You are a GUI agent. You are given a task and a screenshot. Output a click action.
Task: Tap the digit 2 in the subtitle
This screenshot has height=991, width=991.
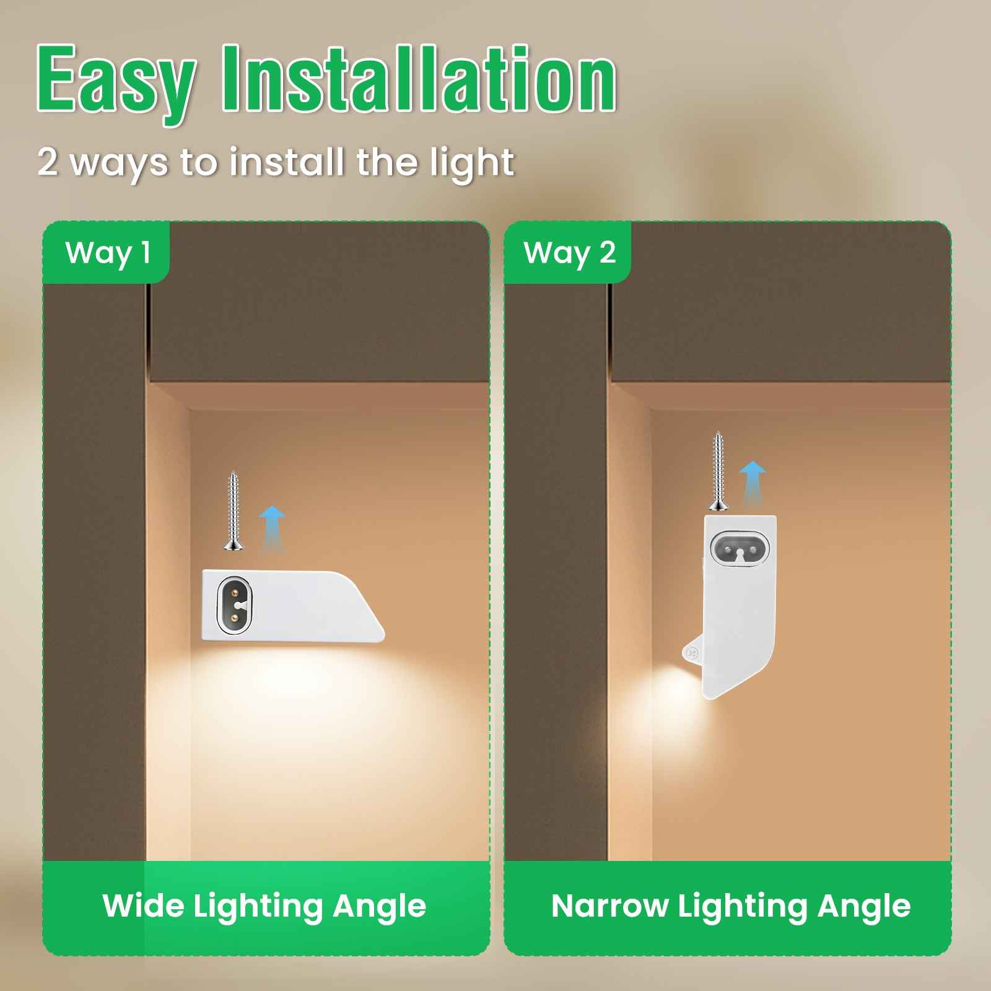(48, 162)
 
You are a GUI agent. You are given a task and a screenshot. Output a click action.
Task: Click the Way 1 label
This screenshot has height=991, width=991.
(108, 253)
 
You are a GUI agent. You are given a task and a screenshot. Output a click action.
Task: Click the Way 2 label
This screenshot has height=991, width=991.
(569, 253)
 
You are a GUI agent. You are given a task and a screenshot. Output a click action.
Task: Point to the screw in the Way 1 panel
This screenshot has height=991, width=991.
(234, 510)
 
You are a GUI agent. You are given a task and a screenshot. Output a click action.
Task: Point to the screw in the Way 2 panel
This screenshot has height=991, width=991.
(718, 471)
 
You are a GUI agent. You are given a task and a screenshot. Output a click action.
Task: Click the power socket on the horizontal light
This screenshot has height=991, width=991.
(236, 605)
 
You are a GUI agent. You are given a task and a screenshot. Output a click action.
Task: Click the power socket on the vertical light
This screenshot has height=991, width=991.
(740, 548)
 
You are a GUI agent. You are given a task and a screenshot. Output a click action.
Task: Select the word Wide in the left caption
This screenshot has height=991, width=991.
(144, 906)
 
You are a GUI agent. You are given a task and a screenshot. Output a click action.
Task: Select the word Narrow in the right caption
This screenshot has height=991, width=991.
(609, 906)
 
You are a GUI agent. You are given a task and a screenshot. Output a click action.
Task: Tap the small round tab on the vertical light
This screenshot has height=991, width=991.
(691, 652)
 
